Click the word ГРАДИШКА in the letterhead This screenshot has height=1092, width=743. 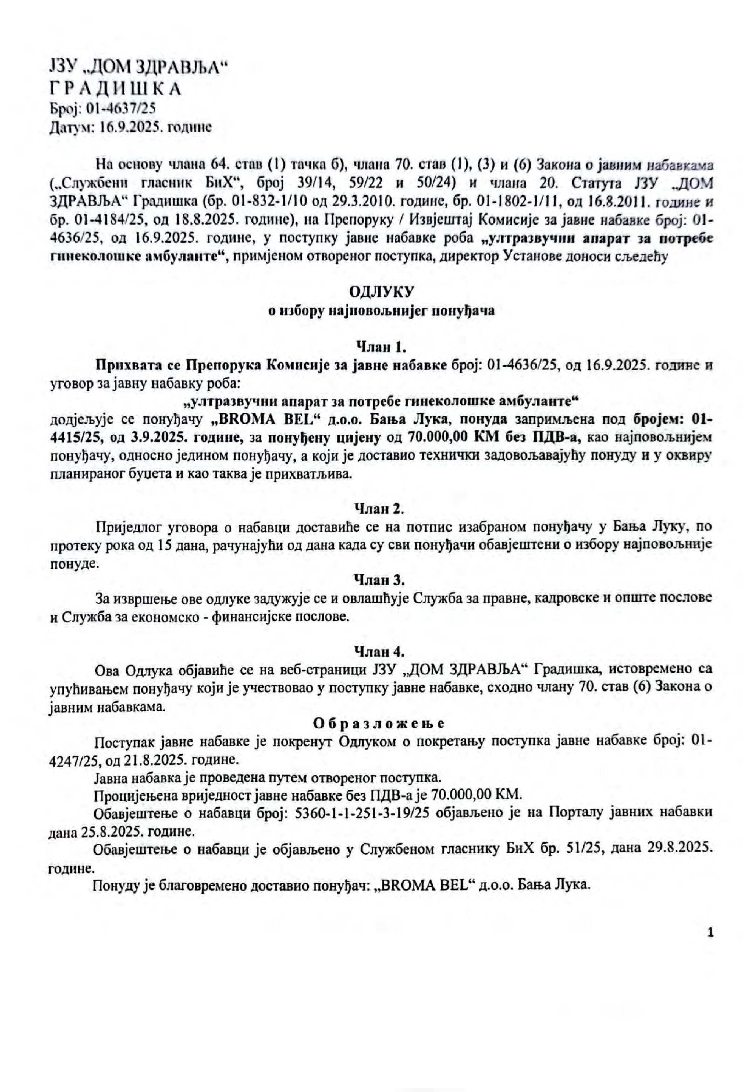click(115, 89)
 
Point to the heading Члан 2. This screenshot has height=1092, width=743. click(379, 508)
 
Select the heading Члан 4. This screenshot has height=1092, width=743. click(379, 651)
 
